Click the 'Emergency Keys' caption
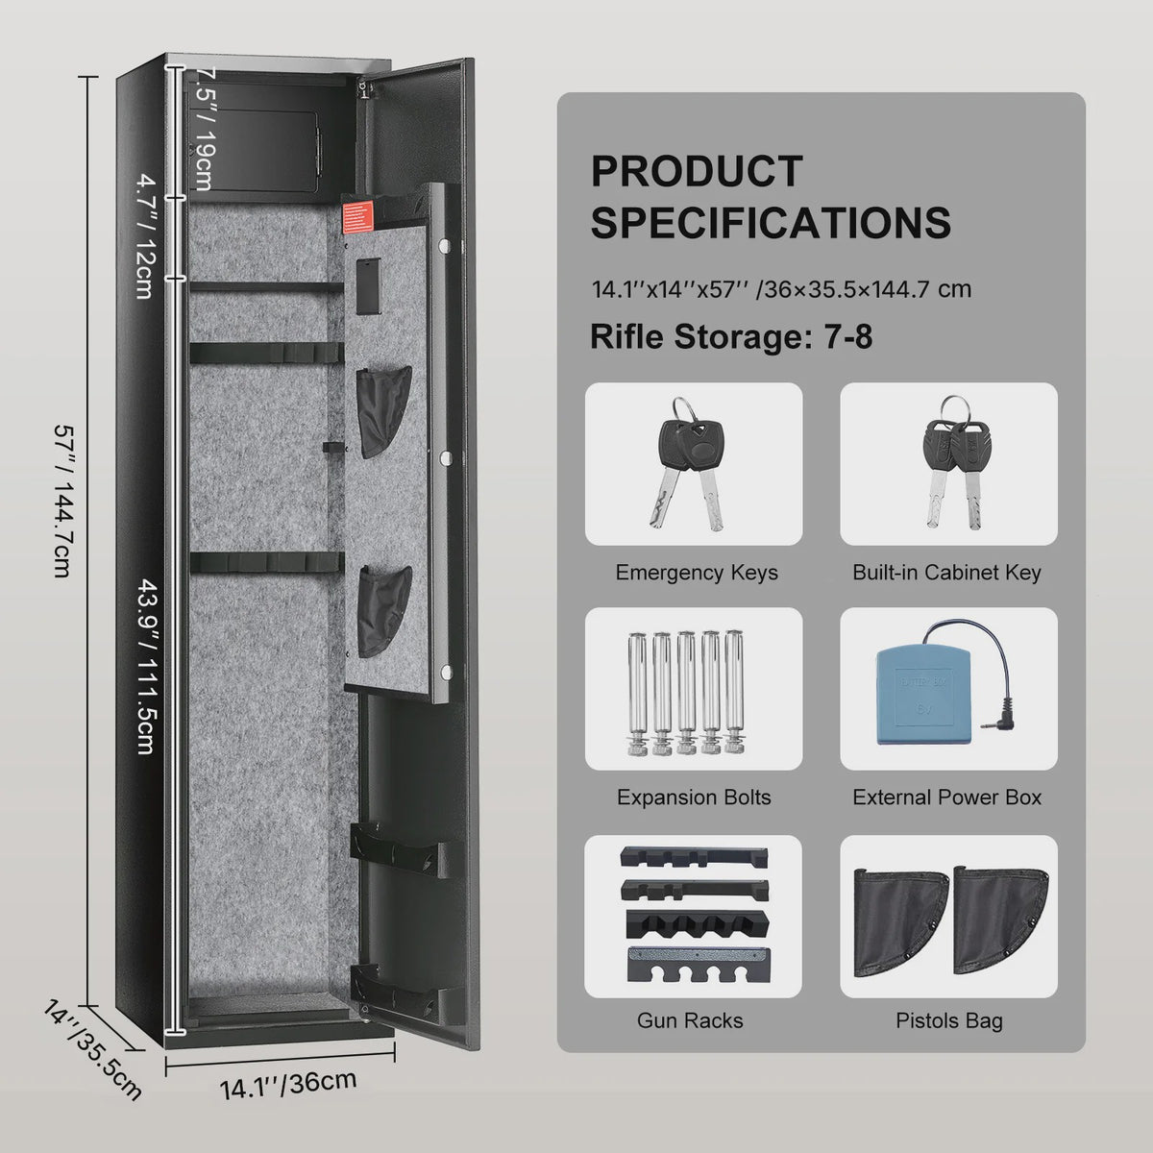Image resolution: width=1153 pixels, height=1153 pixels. [x=697, y=573]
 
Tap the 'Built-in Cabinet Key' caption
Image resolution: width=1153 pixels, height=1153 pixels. [x=946, y=573]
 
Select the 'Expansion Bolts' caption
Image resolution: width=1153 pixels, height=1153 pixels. [x=694, y=797]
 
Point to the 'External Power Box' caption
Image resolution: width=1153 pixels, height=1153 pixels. [x=946, y=797]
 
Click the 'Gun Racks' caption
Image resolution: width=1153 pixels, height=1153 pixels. [x=690, y=1020]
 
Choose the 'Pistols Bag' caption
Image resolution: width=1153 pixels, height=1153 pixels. [x=949, y=1020]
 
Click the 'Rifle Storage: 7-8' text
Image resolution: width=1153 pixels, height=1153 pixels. [x=731, y=336]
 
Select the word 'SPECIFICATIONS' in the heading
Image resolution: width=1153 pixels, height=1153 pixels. [x=771, y=223]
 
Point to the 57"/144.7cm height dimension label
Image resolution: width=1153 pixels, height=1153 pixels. [x=64, y=502]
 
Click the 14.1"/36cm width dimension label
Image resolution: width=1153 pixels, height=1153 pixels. [x=288, y=1083]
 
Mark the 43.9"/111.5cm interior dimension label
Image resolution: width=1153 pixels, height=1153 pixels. [x=147, y=665]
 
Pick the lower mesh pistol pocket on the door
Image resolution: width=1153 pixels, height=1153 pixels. [x=384, y=611]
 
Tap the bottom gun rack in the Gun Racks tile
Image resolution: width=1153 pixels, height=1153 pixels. [x=699, y=964]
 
